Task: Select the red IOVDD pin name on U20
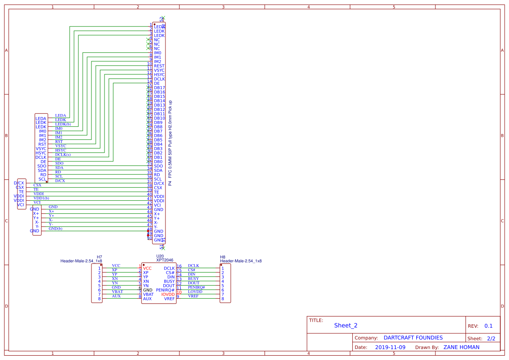(x=168, y=294)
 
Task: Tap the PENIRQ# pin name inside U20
(x=165, y=290)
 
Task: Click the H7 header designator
(x=99, y=257)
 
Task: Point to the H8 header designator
(x=222, y=257)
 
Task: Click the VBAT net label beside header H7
(x=117, y=292)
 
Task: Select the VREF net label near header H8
(x=193, y=296)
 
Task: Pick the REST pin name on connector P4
(x=159, y=66)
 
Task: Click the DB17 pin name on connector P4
(x=159, y=87)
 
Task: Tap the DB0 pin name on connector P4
(x=158, y=161)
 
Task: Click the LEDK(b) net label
(x=63, y=124)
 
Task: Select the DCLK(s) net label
(x=63, y=155)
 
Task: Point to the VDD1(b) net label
(x=41, y=198)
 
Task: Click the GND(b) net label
(x=55, y=229)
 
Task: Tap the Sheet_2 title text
(x=346, y=325)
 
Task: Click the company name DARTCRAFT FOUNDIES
(x=413, y=338)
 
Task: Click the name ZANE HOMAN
(x=461, y=347)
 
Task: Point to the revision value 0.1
(x=489, y=326)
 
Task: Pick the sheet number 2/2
(x=491, y=338)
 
